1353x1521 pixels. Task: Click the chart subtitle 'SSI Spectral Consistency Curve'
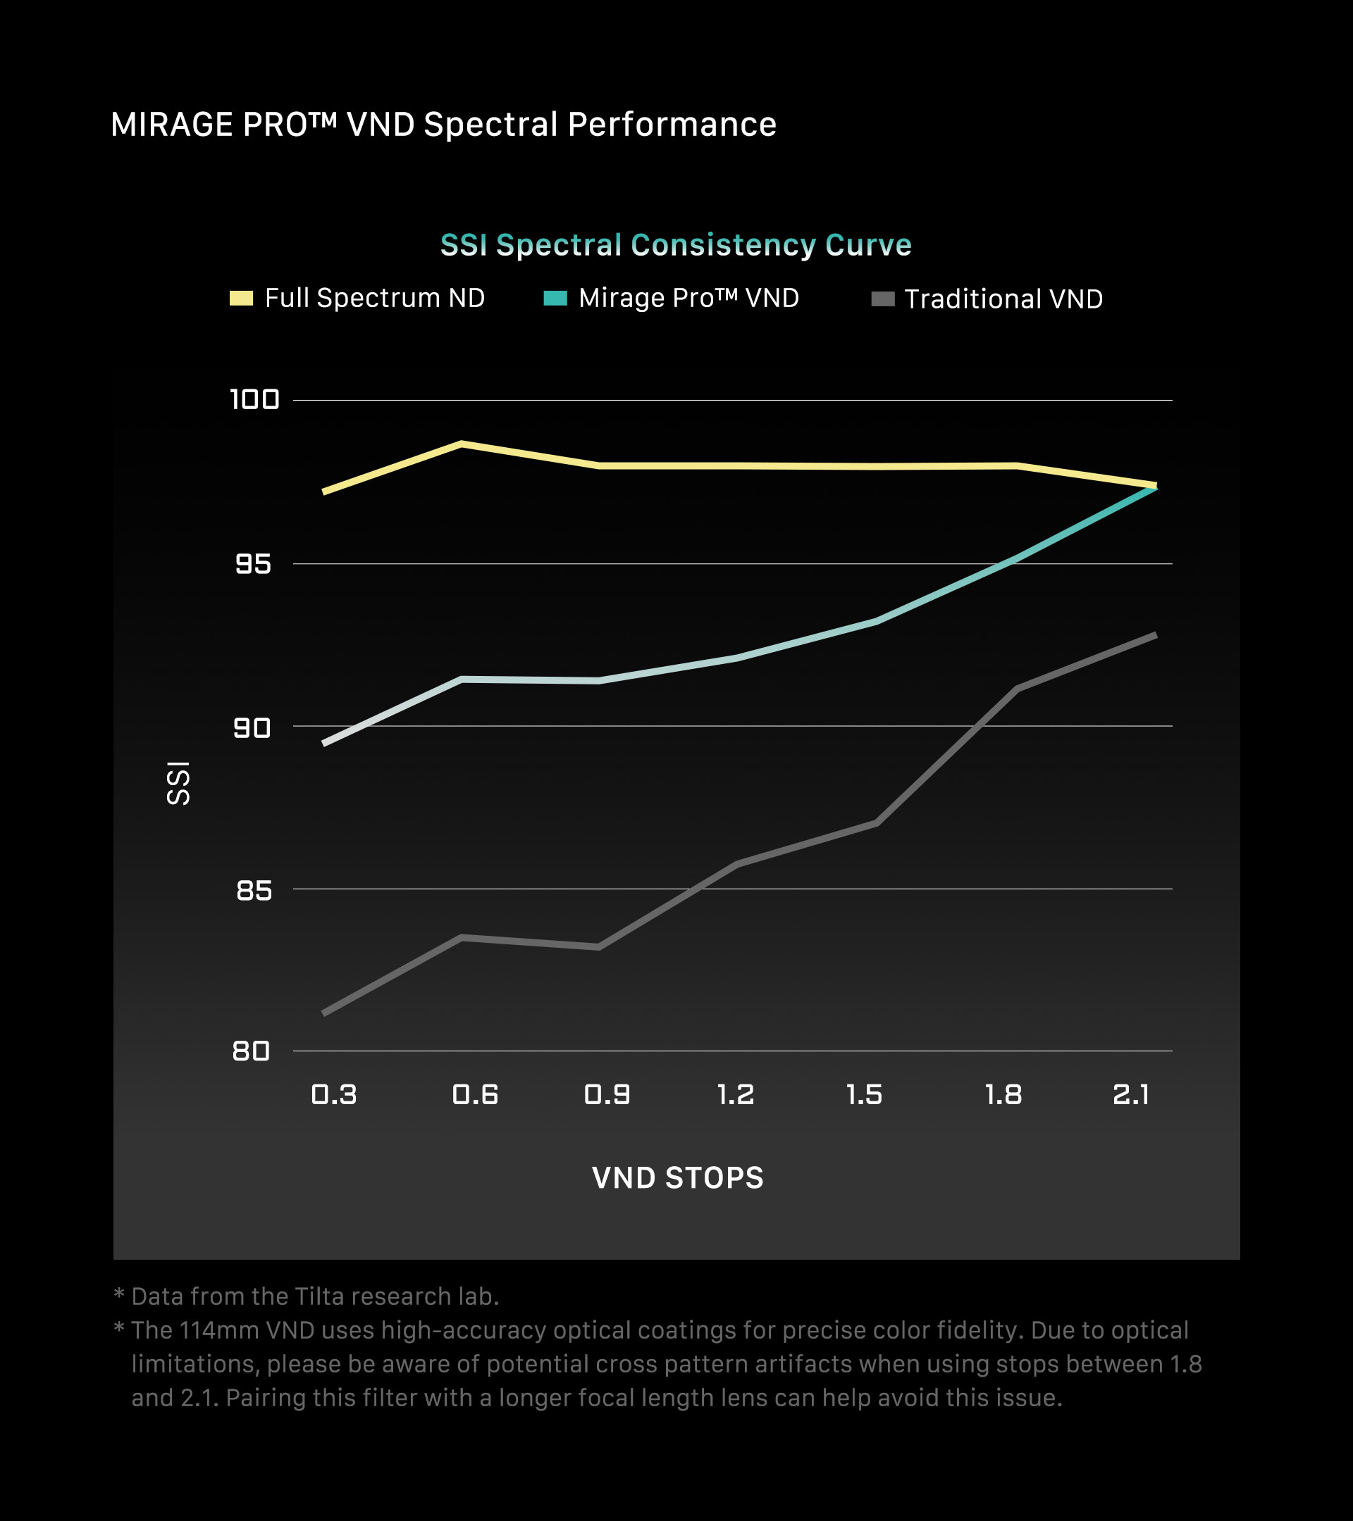click(x=675, y=245)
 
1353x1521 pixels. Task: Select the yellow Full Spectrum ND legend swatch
click(x=241, y=299)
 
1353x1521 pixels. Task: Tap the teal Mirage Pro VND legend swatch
click(x=555, y=299)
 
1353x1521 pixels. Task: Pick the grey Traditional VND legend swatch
click(x=882, y=299)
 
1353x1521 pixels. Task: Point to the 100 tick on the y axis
click(x=254, y=399)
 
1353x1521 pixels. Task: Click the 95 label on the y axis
click(x=253, y=564)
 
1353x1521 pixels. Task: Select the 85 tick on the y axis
click(x=254, y=890)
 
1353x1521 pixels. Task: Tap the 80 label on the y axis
click(x=251, y=1051)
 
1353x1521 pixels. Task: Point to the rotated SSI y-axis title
click(x=179, y=783)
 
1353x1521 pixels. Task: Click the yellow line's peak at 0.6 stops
click(x=462, y=444)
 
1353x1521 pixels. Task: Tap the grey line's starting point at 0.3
click(x=324, y=1013)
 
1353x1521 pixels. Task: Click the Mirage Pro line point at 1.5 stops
click(x=877, y=620)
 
